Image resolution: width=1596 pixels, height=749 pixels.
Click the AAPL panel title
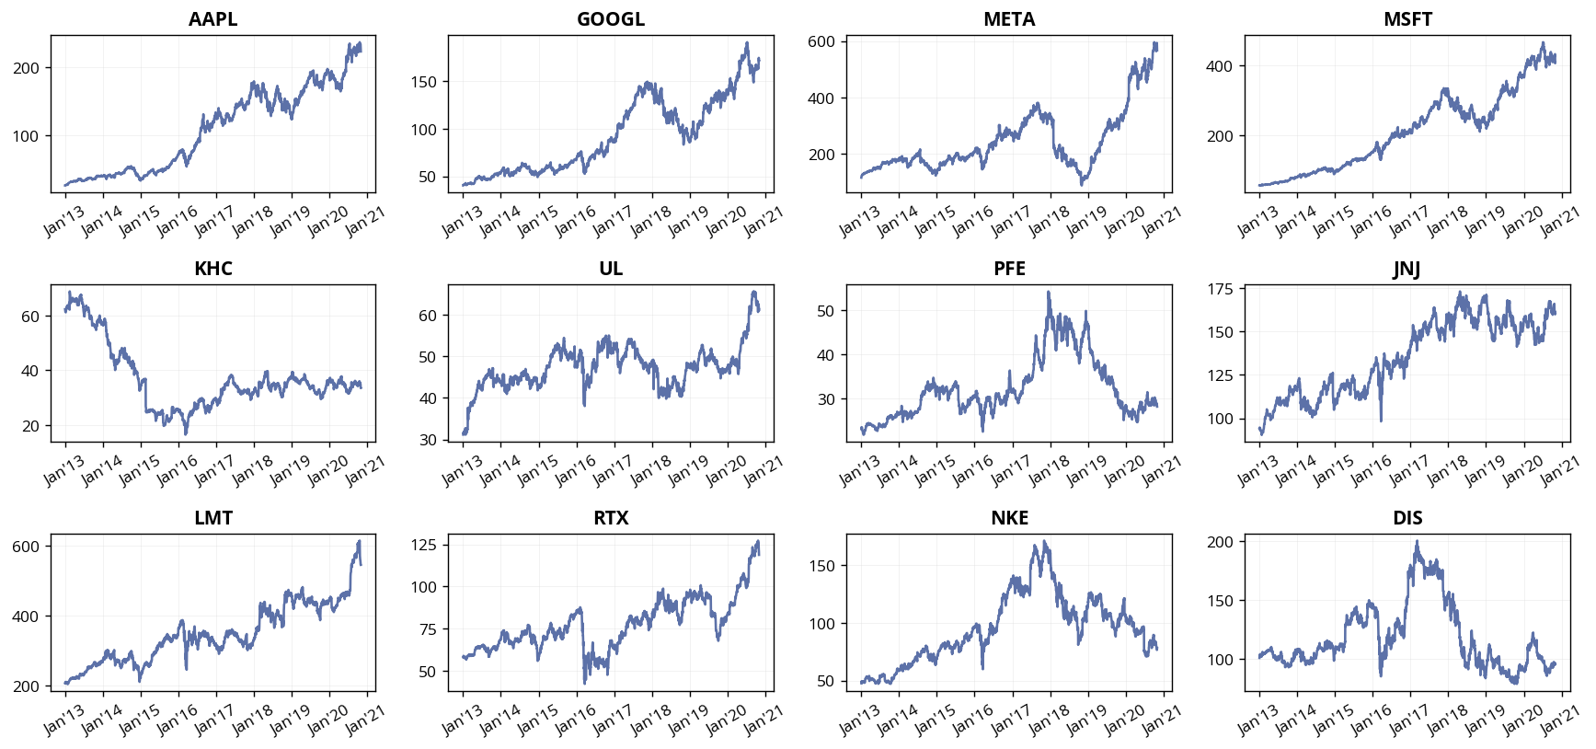point(212,19)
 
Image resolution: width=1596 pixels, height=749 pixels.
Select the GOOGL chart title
point(611,19)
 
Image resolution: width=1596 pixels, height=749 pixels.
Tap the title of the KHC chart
point(212,269)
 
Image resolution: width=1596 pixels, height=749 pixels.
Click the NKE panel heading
point(1009,518)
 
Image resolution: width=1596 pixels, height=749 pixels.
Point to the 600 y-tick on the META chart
point(821,41)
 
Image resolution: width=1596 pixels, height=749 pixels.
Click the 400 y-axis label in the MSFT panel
point(1219,66)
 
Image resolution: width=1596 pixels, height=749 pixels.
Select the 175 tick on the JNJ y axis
point(1219,290)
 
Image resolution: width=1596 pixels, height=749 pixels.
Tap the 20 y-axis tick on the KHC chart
point(30,426)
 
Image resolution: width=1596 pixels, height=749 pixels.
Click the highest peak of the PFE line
point(1049,293)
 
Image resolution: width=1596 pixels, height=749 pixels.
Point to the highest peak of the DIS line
point(1417,542)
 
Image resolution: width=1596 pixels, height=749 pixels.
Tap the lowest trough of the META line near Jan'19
point(1082,184)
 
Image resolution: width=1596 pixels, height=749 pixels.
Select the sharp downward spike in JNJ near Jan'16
point(1381,421)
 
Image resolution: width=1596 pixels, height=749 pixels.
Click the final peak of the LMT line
point(359,541)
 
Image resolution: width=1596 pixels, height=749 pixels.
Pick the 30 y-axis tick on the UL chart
point(428,440)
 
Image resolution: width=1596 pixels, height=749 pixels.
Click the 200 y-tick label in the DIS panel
point(1219,542)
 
